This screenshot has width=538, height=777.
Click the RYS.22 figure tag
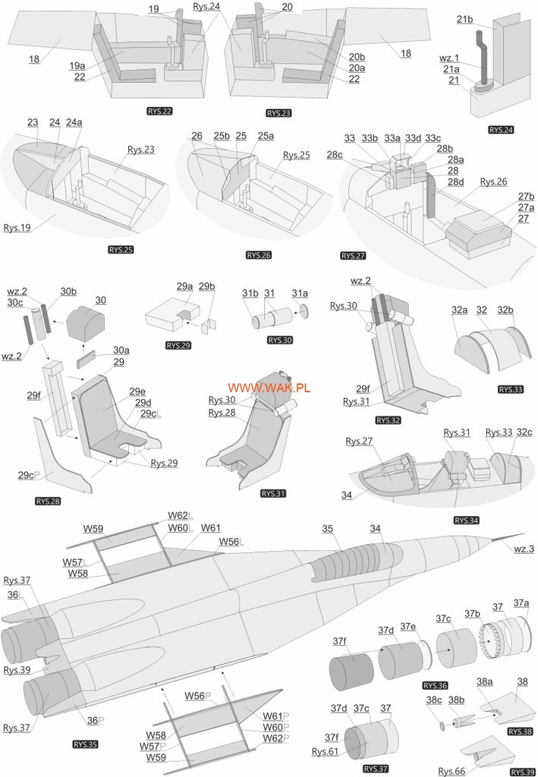point(160,112)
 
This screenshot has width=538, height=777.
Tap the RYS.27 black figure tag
point(353,255)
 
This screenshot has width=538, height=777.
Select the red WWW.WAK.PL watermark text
point(269,388)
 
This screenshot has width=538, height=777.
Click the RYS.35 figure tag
point(85,744)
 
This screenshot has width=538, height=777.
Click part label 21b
point(465,19)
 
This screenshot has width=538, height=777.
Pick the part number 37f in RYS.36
point(338,642)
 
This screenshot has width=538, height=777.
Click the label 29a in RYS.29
point(184,287)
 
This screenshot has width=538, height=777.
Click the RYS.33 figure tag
point(511,389)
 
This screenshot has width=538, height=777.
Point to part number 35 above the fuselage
point(328,528)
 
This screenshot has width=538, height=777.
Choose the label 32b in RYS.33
point(505,310)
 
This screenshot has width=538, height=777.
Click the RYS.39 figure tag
point(522,772)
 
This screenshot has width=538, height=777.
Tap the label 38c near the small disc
point(433,699)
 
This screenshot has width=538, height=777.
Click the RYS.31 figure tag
point(273,493)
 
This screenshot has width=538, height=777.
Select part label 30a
point(121,350)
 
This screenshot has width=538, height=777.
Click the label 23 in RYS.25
point(33,122)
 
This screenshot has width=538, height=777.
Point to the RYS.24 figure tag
point(501,130)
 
